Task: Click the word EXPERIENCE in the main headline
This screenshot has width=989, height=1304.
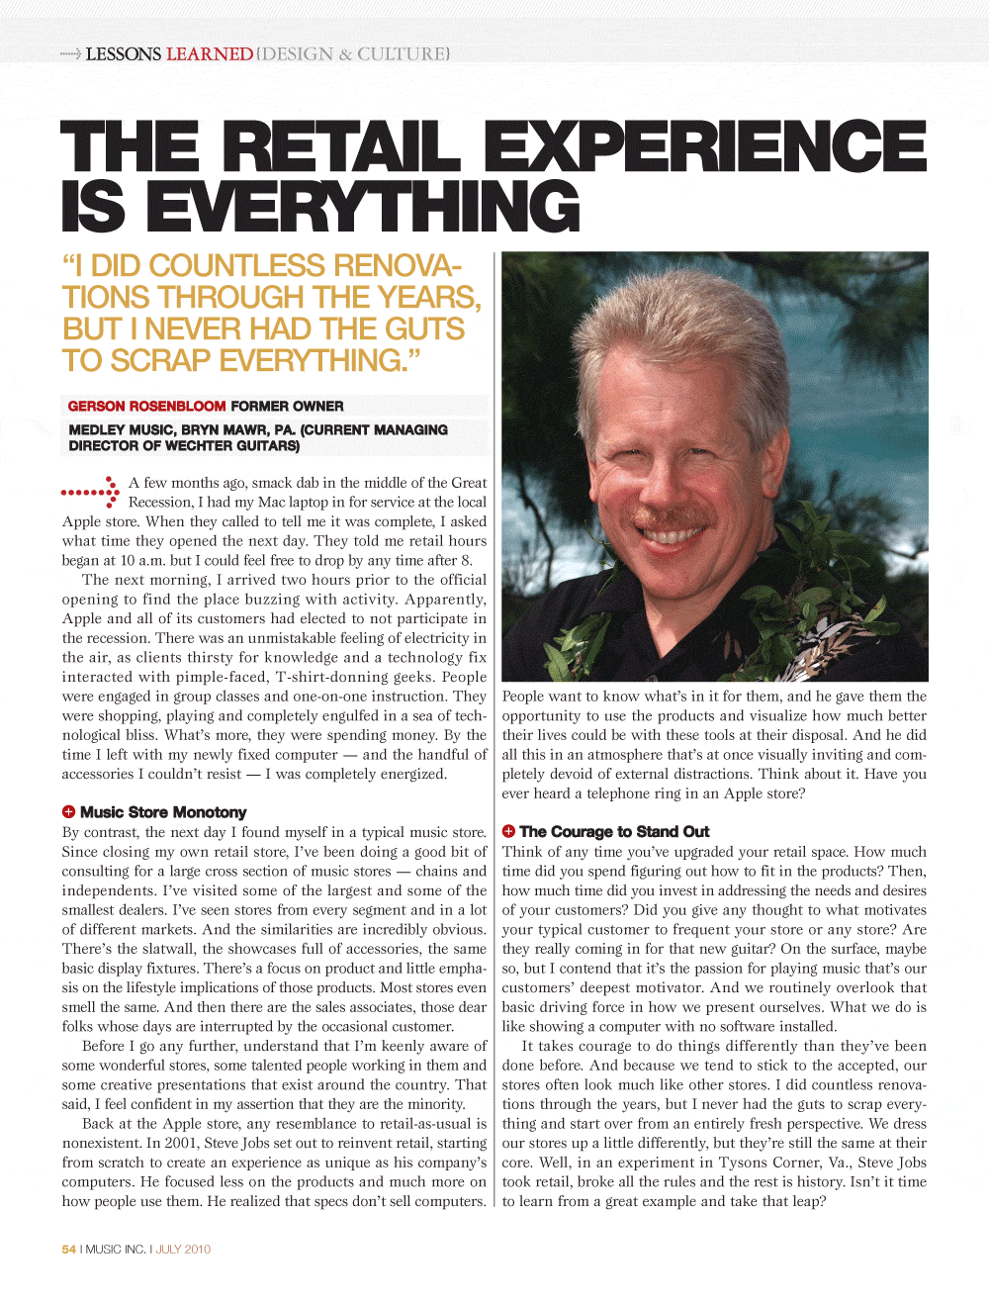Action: pyautogui.click(x=705, y=145)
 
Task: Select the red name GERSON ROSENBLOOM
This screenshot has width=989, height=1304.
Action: pyautogui.click(x=147, y=406)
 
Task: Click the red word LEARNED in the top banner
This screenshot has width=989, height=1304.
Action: pyautogui.click(x=210, y=53)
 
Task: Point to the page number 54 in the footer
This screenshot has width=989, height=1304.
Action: pyautogui.click(x=68, y=1249)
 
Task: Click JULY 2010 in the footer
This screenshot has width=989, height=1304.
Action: pyautogui.click(x=183, y=1249)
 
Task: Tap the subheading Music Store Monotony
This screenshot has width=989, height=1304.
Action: pyautogui.click(x=163, y=812)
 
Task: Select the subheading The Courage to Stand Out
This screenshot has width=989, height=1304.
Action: pyautogui.click(x=614, y=832)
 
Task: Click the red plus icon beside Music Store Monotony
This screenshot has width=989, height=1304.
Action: pyautogui.click(x=68, y=812)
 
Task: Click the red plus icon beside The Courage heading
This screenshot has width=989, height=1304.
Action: pyautogui.click(x=508, y=831)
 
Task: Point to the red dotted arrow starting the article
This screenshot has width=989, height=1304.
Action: pyautogui.click(x=91, y=492)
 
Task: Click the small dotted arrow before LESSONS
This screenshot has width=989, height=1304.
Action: pyautogui.click(x=70, y=53)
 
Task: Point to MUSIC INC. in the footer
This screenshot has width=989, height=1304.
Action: pyautogui.click(x=115, y=1249)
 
